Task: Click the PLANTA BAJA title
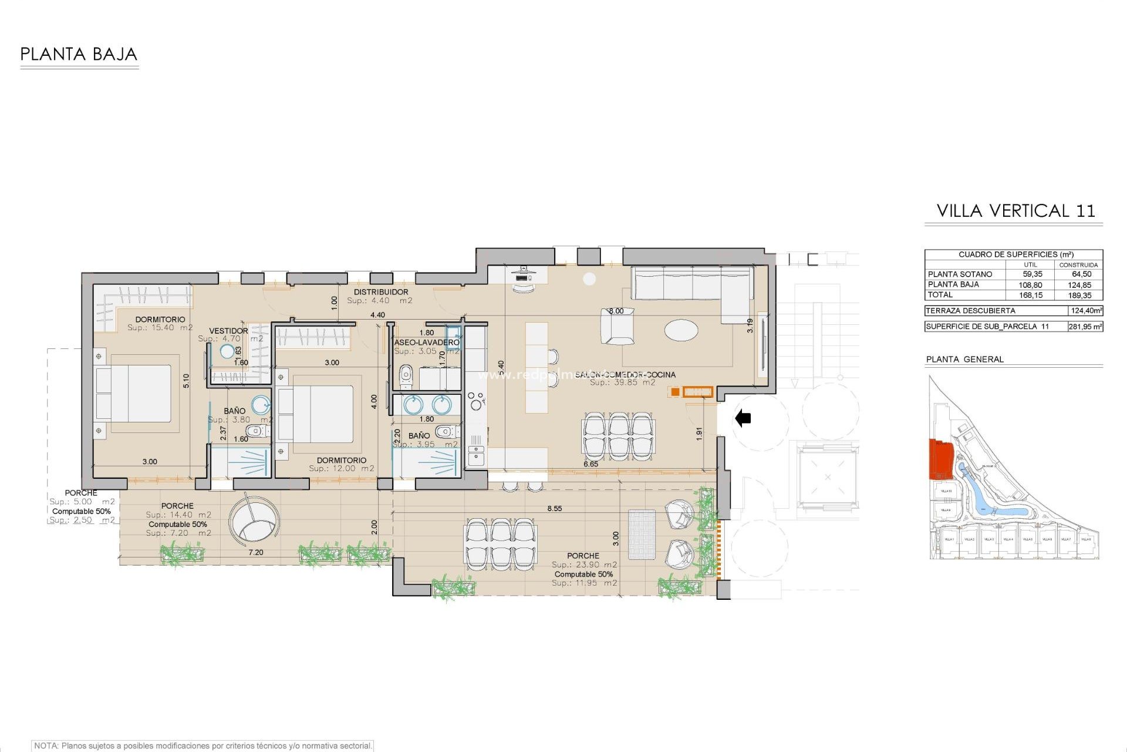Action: (79, 55)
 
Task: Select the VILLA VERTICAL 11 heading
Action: (1015, 211)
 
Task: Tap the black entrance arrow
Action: (743, 418)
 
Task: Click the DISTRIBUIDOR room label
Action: (381, 292)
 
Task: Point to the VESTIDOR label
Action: (228, 331)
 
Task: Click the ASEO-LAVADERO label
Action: (427, 342)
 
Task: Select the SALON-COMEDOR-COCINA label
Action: (625, 374)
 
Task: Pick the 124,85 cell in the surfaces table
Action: (1079, 285)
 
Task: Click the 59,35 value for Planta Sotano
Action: (1032, 274)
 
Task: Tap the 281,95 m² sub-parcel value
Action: (1085, 327)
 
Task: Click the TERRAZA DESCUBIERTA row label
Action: (970, 311)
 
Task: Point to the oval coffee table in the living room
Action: (681, 330)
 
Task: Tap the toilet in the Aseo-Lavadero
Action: (406, 377)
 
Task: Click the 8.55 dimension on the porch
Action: (554, 508)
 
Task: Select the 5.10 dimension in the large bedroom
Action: (186, 381)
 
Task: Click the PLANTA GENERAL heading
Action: (965, 360)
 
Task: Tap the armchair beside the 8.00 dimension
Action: (617, 327)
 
